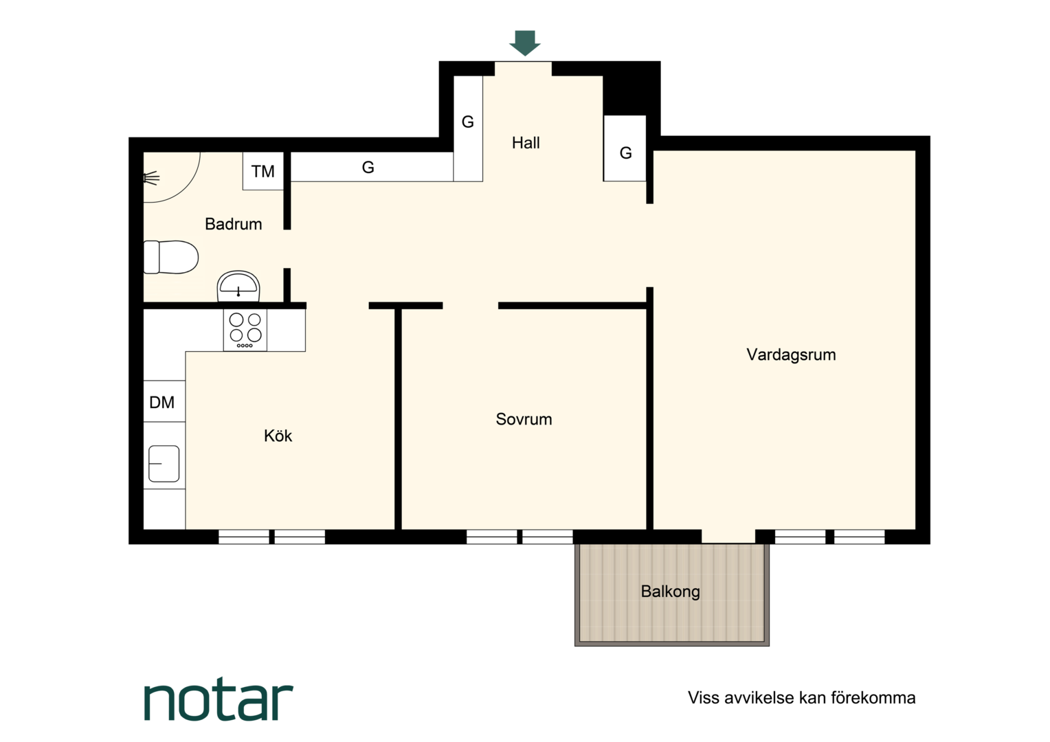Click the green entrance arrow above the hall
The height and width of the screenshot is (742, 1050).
click(525, 43)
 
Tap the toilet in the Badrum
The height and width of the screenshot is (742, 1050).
click(170, 257)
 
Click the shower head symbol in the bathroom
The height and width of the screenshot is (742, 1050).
click(151, 179)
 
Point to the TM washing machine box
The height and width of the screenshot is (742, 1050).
click(263, 170)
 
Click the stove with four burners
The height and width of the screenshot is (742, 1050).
click(245, 330)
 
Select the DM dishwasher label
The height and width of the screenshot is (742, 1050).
click(161, 402)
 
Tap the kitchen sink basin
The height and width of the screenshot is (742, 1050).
click(164, 464)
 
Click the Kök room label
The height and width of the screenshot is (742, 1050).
click(278, 436)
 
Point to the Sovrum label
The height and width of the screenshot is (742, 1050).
click(524, 419)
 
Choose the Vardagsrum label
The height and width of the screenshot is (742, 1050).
click(791, 355)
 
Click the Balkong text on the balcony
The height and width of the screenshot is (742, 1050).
click(670, 592)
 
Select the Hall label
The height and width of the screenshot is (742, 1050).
click(526, 142)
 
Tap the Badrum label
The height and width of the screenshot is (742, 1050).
click(234, 224)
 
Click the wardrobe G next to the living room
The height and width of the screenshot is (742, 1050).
click(625, 148)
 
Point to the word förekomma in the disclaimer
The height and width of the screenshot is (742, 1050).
click(873, 698)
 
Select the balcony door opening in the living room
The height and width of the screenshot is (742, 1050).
click(728, 537)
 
